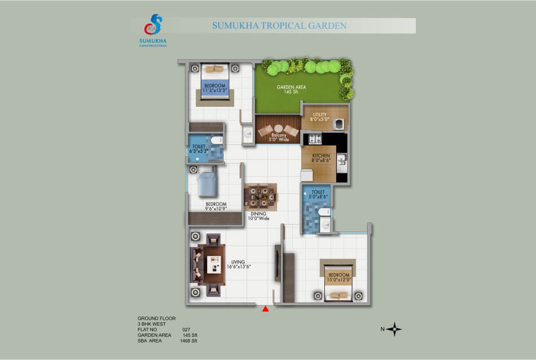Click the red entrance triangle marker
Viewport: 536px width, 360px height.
coord(265,309)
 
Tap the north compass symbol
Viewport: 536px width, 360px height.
coord(394,329)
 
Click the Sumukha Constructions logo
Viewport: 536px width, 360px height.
coord(153,30)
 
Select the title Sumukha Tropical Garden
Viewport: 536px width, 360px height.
coord(279,25)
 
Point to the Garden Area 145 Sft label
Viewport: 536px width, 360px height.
coord(291,89)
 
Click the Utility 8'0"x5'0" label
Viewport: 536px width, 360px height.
coord(319,117)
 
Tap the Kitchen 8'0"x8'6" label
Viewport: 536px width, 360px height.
coord(321,158)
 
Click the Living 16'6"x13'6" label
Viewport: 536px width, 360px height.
coord(238,264)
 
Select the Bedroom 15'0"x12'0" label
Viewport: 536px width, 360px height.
coord(339,277)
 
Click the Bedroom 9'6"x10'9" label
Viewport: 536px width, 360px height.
coord(216,207)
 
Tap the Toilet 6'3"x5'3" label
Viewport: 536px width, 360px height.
coord(199,149)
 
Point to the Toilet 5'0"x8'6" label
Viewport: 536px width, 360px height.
coord(318,194)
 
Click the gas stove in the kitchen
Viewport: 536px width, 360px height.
coord(315,138)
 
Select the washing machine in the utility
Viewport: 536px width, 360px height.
coord(339,124)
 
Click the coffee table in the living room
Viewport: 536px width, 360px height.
coord(214,265)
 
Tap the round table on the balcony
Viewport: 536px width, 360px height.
coord(278,129)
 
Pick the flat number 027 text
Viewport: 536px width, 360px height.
coord(186,330)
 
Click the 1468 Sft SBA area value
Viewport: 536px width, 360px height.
coord(188,341)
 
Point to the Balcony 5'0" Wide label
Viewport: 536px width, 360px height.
coord(279,138)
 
